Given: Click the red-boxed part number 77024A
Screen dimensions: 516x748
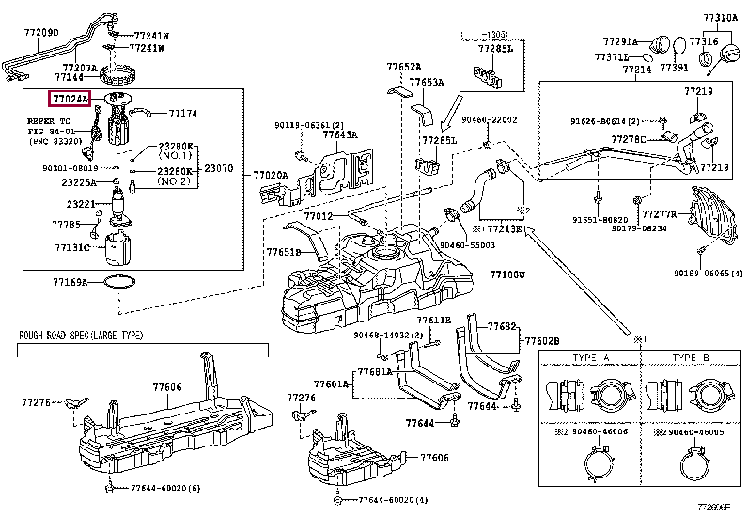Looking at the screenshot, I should tap(69, 98).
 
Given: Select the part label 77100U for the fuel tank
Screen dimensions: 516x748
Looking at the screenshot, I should tap(506, 274).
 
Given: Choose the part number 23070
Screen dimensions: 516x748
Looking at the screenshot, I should tap(219, 168).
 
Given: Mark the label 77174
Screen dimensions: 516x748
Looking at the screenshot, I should tap(182, 114).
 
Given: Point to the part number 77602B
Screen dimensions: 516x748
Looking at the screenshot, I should tap(542, 341).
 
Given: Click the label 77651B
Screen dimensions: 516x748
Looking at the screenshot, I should tap(282, 253).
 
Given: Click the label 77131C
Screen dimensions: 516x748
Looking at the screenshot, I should tap(71, 248).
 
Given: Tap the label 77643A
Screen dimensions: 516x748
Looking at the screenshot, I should tap(339, 135).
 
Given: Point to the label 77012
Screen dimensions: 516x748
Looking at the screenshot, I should tap(318, 216).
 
